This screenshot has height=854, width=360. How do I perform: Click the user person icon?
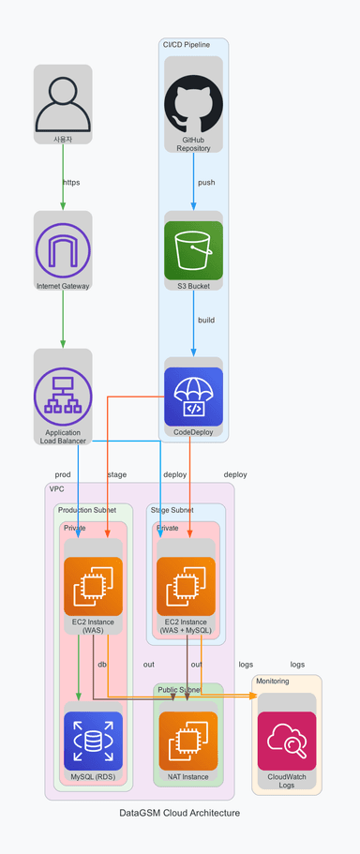tap(63, 103)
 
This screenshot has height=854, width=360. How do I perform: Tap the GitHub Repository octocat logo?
tap(194, 103)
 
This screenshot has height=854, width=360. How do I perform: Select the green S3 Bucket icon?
tap(194, 250)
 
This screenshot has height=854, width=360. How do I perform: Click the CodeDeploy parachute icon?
tap(194, 397)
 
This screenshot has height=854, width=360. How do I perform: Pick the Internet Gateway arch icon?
tap(63, 250)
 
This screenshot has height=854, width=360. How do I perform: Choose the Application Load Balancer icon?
tap(63, 397)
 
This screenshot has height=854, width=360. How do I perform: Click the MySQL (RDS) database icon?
tap(93, 741)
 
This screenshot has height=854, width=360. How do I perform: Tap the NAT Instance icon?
tap(188, 741)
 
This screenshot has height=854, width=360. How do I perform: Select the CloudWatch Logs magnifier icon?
tap(287, 741)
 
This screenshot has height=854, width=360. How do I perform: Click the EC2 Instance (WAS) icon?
tap(93, 586)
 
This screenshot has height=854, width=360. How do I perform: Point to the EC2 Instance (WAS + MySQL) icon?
tap(187, 586)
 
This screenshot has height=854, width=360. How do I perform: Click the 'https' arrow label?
tap(71, 183)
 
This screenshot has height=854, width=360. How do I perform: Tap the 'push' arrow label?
tap(206, 183)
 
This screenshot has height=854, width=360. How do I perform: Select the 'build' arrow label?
tap(206, 320)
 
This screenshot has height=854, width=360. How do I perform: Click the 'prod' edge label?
tap(63, 474)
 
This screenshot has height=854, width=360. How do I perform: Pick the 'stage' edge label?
tap(117, 474)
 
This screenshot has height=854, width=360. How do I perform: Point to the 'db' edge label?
tap(102, 665)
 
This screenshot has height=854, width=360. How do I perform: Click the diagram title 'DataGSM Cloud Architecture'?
tap(180, 813)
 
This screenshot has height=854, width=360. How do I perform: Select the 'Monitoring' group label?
tap(272, 681)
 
